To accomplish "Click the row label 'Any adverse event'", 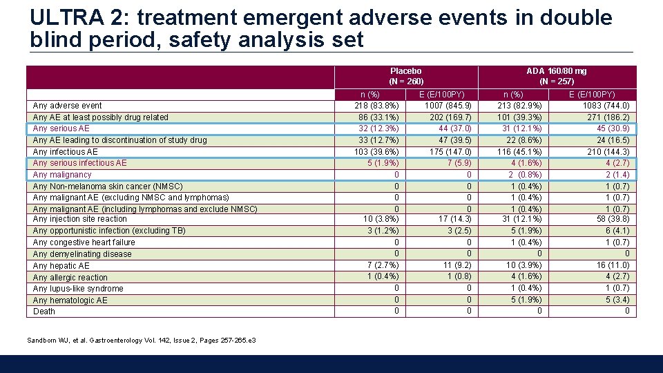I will (x=67, y=106).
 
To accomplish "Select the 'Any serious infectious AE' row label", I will (x=79, y=163).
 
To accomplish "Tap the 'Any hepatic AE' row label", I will (x=61, y=266).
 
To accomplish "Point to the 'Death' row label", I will (x=44, y=312).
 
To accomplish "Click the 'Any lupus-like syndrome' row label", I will (x=78, y=289).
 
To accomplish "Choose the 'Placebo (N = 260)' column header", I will (x=405, y=76).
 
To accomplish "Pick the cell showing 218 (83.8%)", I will (x=376, y=106).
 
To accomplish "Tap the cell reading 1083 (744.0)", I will (x=606, y=106).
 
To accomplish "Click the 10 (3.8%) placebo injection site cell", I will (x=378, y=219).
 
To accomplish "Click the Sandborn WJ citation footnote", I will (x=142, y=341).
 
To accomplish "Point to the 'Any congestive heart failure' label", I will (x=84, y=242).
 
